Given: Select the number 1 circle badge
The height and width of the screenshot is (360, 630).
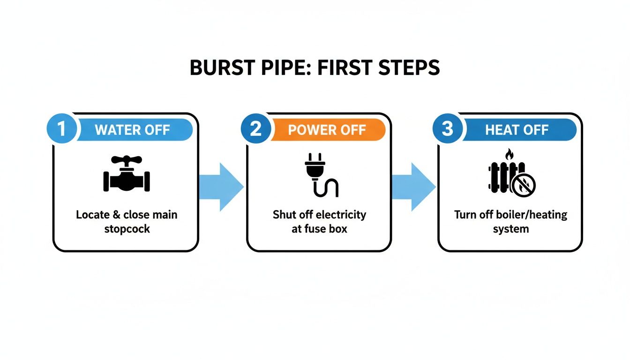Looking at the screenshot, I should tap(61, 129).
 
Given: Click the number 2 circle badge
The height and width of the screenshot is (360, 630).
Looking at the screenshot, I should tap(255, 129).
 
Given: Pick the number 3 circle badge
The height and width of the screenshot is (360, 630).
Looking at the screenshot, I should tap(447, 129).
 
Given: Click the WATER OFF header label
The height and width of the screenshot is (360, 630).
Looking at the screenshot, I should tap(132, 130).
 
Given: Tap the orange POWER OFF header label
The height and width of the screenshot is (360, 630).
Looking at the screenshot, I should tap(327, 130).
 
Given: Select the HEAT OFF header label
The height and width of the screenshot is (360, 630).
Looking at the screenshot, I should tap(517, 130).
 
